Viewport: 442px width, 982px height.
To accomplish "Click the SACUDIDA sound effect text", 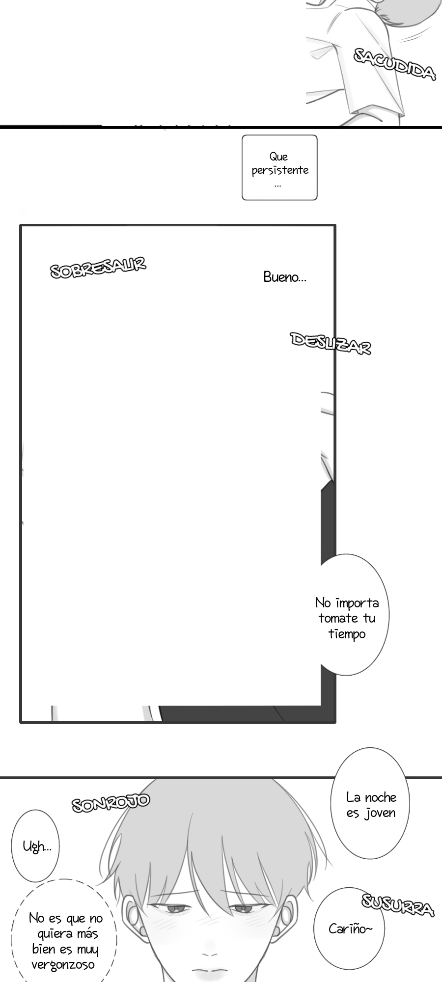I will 394,64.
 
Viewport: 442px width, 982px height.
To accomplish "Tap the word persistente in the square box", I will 280,170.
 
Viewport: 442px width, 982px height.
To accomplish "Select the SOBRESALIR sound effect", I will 98,268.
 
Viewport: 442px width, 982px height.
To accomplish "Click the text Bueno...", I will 284,277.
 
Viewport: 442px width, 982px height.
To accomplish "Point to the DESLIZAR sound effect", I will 331,343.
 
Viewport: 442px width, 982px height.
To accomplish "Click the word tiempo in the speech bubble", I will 347,634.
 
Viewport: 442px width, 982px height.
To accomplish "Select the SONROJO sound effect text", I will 110,803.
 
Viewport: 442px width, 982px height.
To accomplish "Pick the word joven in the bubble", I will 380,813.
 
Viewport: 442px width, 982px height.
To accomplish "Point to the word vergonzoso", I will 63,965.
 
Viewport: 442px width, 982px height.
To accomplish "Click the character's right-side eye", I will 243,910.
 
